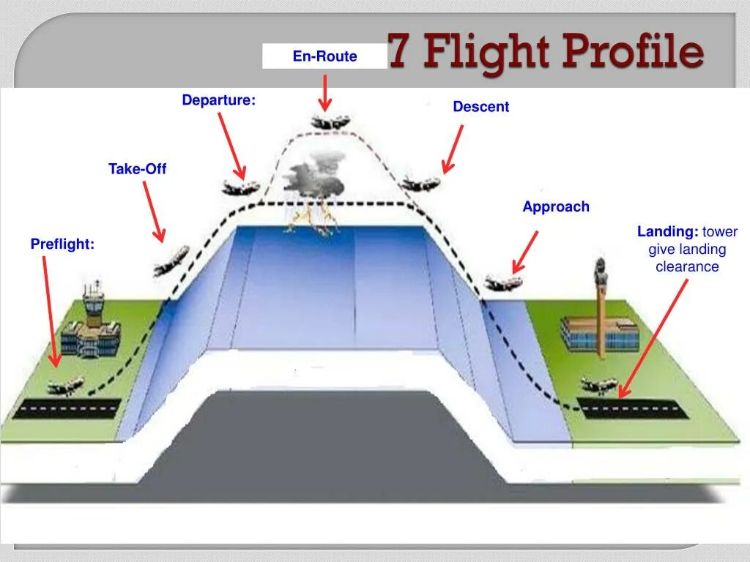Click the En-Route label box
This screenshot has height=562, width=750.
pos(324,56)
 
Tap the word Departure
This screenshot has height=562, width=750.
pos(218,100)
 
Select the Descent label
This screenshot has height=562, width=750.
pos(480,107)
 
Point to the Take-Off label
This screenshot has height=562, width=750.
pos(137,169)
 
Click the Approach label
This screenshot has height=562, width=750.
pos(555,207)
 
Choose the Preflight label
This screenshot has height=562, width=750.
pos(62,244)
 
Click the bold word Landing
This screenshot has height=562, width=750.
pos(667,232)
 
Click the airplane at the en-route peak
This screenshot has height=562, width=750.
pos(331,122)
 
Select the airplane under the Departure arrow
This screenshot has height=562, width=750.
pos(240,187)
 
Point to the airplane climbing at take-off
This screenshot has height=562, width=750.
pos(171,261)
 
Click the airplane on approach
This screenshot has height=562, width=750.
pos(503,282)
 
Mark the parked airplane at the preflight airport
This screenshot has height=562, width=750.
pos(66,386)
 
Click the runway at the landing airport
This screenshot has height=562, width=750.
pos(634,408)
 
